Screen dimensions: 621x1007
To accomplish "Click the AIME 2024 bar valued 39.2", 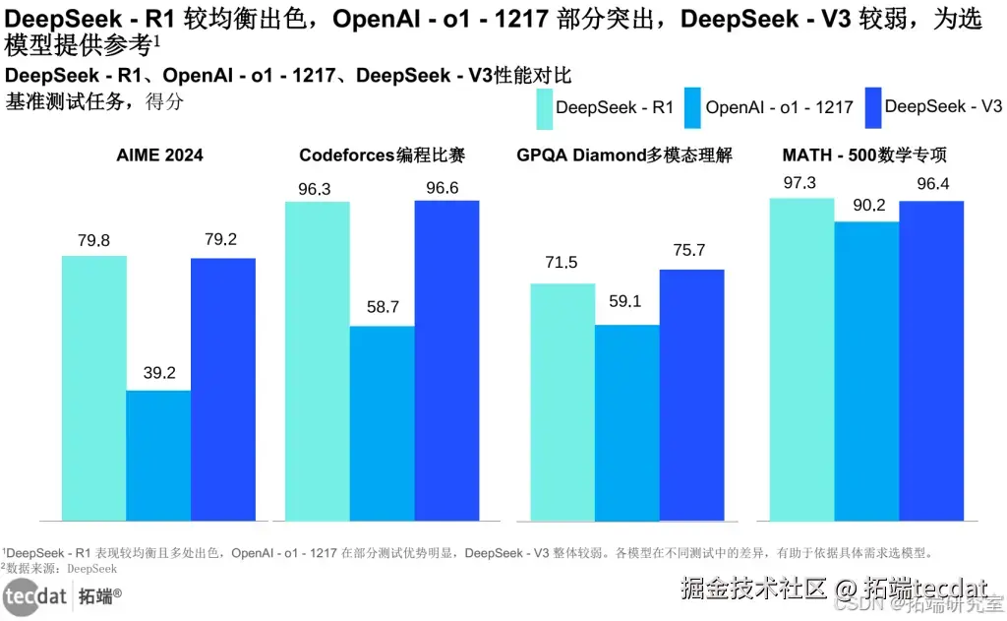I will (x=158, y=455).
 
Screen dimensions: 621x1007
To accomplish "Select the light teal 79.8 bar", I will (x=94, y=388).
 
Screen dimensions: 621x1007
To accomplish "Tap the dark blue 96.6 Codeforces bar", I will (x=446, y=360).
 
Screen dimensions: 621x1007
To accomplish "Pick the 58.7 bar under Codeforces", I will (x=382, y=423).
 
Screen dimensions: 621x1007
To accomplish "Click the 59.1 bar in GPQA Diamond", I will (x=626, y=422).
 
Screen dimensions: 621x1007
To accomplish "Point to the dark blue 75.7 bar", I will (x=691, y=395).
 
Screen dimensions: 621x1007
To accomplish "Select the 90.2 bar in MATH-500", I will (x=866, y=371).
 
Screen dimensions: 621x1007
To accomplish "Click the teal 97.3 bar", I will (x=801, y=359).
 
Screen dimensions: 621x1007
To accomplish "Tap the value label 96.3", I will (x=314, y=189).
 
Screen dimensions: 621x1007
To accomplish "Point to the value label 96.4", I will (x=933, y=183).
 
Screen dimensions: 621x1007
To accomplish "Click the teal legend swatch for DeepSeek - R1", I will (x=544, y=108).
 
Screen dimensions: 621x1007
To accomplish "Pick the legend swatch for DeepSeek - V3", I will (x=871, y=107).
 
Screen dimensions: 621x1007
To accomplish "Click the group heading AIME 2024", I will (x=159, y=155).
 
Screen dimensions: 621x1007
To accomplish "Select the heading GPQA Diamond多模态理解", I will (x=623, y=155).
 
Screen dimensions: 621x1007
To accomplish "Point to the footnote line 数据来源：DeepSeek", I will (x=61, y=568).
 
